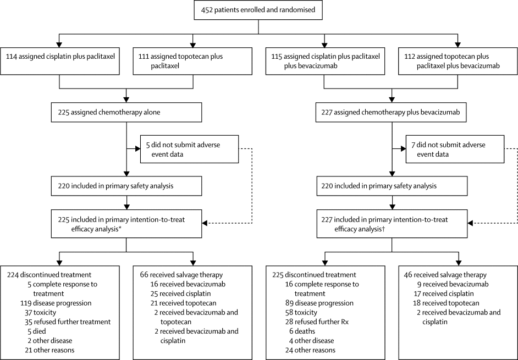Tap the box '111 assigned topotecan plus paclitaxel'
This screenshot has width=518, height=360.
[193, 61]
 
